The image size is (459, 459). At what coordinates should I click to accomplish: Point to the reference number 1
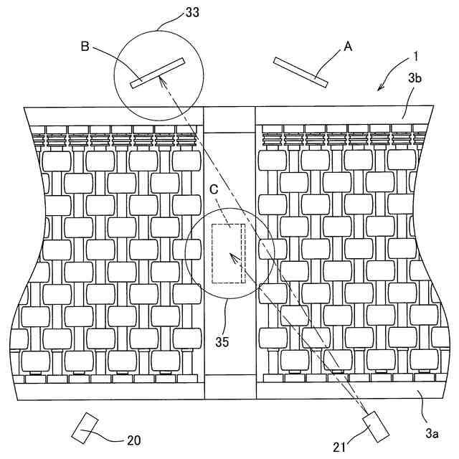click(417, 55)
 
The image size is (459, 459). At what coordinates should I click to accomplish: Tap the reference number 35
click(222, 341)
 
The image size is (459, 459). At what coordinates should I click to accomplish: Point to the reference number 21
click(340, 447)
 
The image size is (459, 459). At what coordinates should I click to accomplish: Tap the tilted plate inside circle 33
click(158, 73)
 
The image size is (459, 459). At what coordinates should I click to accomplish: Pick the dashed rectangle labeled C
click(229, 253)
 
